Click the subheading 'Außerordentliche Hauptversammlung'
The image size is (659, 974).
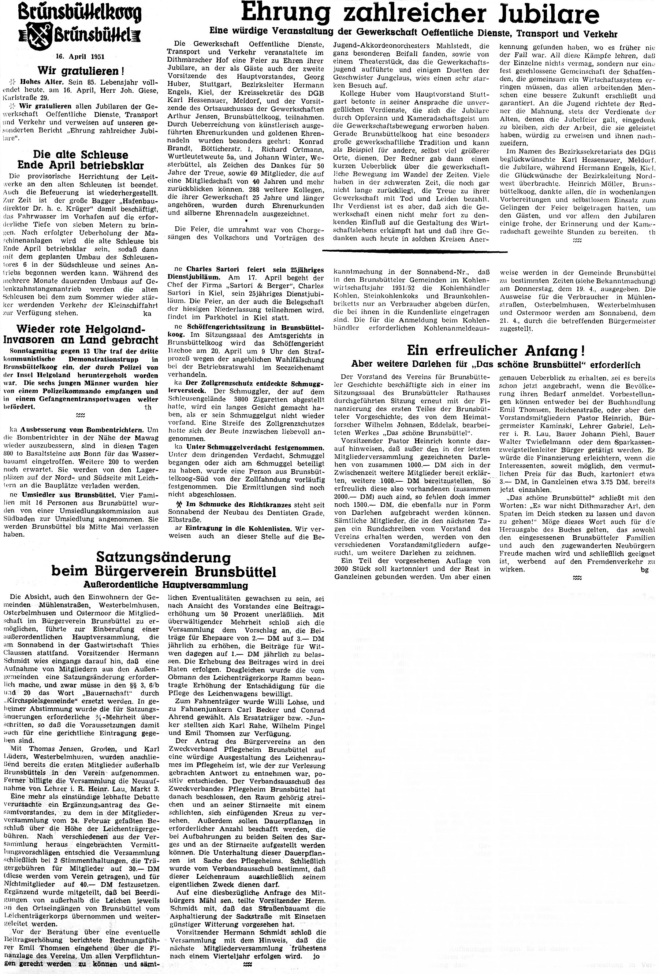163,585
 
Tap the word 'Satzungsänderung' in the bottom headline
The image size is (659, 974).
163,557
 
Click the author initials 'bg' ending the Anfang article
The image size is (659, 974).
644,570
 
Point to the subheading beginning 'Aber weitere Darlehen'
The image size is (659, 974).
496,364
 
